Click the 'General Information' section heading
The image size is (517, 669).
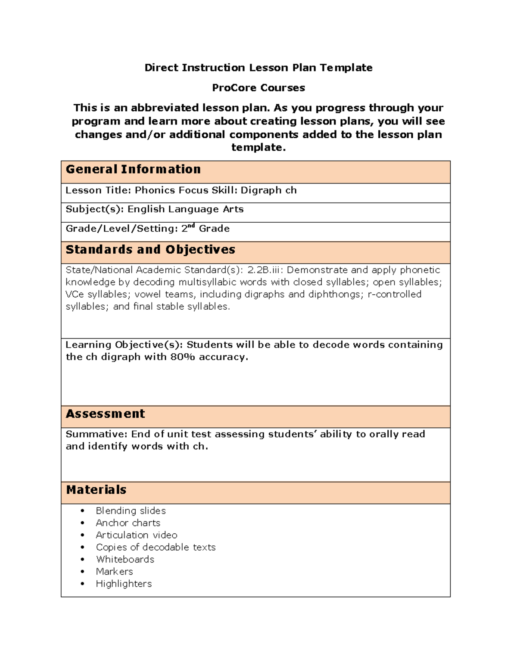(x=133, y=169)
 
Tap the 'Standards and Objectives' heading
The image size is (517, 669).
(x=150, y=250)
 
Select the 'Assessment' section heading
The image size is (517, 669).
(x=105, y=414)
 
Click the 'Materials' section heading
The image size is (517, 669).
(x=96, y=490)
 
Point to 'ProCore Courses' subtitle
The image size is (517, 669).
(x=258, y=88)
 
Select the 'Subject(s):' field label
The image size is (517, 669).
(x=94, y=209)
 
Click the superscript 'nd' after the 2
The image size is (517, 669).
(x=192, y=226)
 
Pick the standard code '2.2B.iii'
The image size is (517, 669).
(x=264, y=270)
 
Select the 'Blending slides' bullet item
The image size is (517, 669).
(x=131, y=511)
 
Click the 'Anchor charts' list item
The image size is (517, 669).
(x=128, y=523)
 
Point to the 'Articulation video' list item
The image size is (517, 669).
(x=136, y=535)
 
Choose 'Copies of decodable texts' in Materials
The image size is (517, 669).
(x=156, y=547)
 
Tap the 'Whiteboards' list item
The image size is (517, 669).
(x=125, y=559)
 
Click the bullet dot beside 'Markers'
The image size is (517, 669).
(x=83, y=572)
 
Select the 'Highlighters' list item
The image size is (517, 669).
(x=124, y=584)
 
